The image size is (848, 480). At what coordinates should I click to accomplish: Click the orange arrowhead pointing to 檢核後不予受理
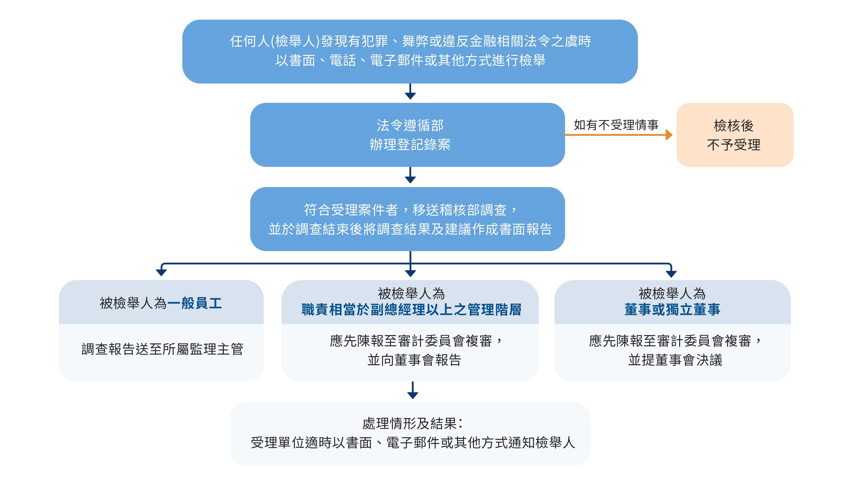point(669,134)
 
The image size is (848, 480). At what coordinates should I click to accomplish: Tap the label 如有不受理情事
point(616,125)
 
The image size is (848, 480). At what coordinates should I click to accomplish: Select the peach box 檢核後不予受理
point(735,135)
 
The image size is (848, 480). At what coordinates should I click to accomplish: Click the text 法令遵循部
point(410,125)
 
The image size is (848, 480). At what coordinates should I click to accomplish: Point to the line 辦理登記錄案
point(410,144)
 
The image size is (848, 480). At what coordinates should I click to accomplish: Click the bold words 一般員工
point(194,303)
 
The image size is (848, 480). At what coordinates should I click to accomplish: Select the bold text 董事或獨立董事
point(672,310)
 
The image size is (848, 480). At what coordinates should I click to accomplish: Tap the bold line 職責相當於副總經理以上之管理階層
point(411,310)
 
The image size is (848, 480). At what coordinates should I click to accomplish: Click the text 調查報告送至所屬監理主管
point(162,349)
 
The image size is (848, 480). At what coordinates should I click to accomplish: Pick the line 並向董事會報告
point(414,360)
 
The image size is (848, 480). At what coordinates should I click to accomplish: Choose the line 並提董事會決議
point(675,360)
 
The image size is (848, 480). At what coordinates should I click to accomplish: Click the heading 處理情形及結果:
point(412,424)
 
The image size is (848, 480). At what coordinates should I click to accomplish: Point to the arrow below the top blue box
point(410,91)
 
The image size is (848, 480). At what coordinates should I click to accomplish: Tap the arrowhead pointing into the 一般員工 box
point(161,273)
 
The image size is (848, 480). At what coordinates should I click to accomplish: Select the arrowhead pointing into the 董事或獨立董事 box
point(671,274)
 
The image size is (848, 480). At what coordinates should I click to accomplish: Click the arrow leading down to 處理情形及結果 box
point(413,390)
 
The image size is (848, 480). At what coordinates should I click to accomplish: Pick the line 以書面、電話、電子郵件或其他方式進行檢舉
point(410,60)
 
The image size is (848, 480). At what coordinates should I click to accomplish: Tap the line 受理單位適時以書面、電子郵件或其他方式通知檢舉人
point(413,443)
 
